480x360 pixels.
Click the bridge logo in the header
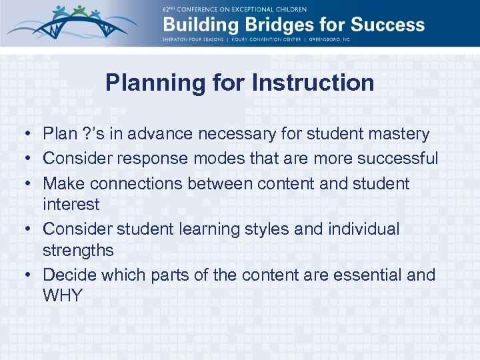tap(69, 23)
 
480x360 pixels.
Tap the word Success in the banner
tap(386, 25)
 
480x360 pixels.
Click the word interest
tap(71, 204)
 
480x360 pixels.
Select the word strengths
tap(78, 251)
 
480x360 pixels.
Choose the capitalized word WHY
tap(62, 295)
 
